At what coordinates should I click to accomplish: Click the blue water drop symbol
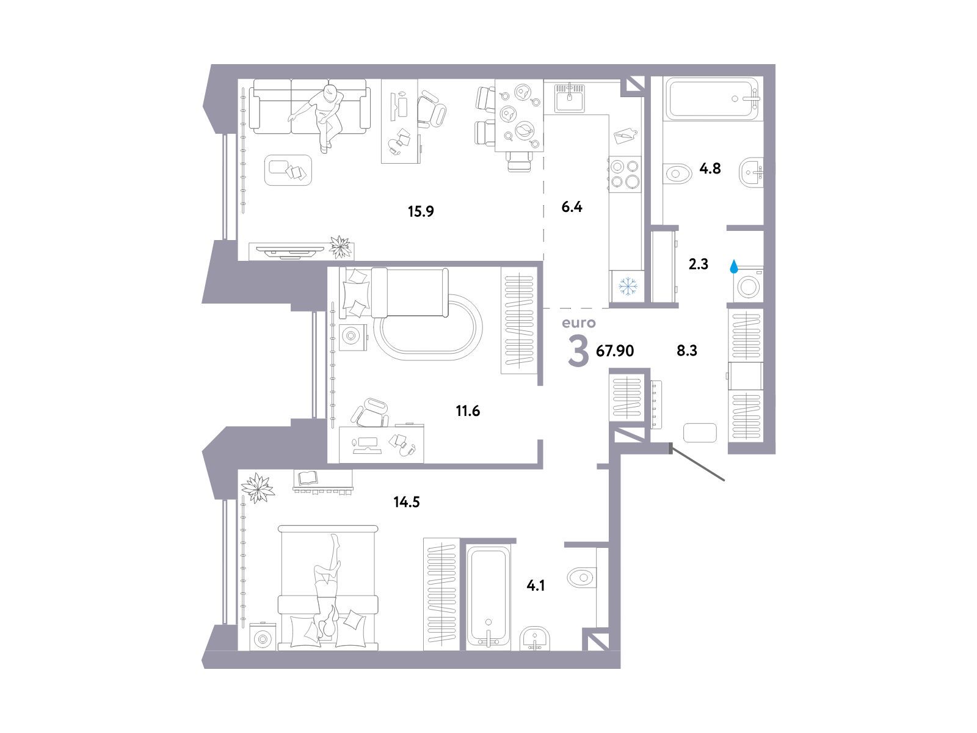[733, 266]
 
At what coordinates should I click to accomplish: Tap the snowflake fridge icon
[628, 286]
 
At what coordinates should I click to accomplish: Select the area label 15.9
[421, 211]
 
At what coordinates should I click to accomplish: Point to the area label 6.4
[572, 207]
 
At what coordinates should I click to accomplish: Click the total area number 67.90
[615, 351]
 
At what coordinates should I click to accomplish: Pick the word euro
[578, 323]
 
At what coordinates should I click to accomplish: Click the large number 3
[578, 352]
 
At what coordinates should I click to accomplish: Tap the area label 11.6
[468, 410]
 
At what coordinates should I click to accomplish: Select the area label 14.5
[407, 502]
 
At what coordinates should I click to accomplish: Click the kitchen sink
[569, 98]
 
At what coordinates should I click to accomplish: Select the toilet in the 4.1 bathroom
[581, 578]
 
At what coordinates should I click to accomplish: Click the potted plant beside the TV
[341, 246]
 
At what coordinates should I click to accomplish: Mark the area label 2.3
[699, 264]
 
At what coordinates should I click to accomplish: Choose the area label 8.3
[687, 351]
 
